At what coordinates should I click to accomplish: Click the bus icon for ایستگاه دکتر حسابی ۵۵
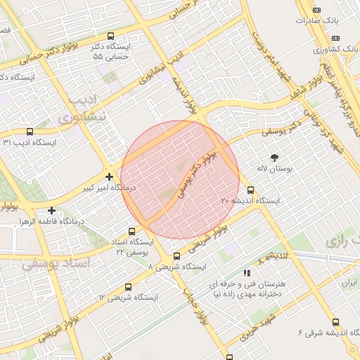point(110,36)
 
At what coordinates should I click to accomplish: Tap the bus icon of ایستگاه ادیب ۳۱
point(30,131)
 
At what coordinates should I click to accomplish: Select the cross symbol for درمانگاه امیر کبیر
point(108,176)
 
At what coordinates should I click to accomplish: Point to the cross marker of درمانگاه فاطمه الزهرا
point(52,210)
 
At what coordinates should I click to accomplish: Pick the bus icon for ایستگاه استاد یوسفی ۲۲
point(132,231)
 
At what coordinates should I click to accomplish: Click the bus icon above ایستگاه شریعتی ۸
point(176,256)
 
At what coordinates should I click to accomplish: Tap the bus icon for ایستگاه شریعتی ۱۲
point(128,287)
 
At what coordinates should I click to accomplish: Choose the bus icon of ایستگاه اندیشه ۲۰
point(251,190)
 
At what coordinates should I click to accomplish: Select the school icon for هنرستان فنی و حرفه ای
point(247,272)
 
